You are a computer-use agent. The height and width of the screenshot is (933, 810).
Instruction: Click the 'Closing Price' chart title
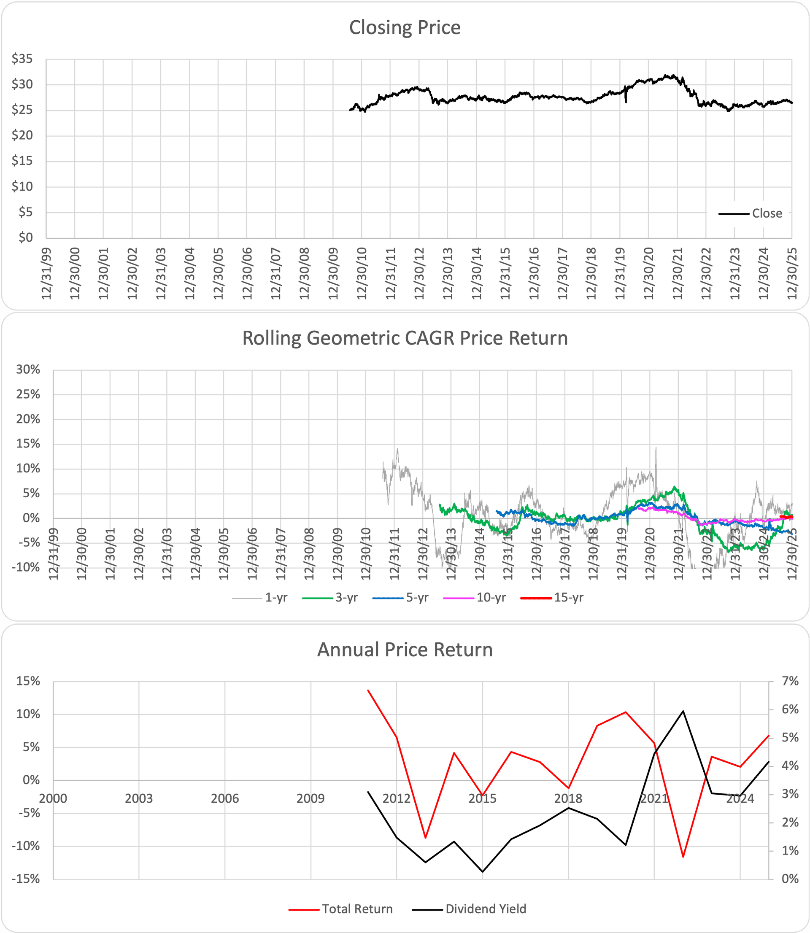(405, 27)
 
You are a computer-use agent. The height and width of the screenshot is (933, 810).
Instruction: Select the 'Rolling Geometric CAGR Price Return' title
(405, 338)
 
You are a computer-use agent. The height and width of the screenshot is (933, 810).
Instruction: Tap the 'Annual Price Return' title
(405, 650)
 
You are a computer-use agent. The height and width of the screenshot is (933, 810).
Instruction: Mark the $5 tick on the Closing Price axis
(25, 212)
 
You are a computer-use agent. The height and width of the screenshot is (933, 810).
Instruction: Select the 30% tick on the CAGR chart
(28, 369)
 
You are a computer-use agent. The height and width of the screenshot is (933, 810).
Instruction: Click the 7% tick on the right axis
(790, 681)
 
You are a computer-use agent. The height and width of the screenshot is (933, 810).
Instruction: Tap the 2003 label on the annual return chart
(139, 799)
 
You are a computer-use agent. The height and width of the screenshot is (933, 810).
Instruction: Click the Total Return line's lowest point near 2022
(683, 857)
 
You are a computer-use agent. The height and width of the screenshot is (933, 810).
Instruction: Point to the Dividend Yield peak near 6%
(683, 711)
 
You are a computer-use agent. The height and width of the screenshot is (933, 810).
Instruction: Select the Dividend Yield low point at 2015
(482, 871)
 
